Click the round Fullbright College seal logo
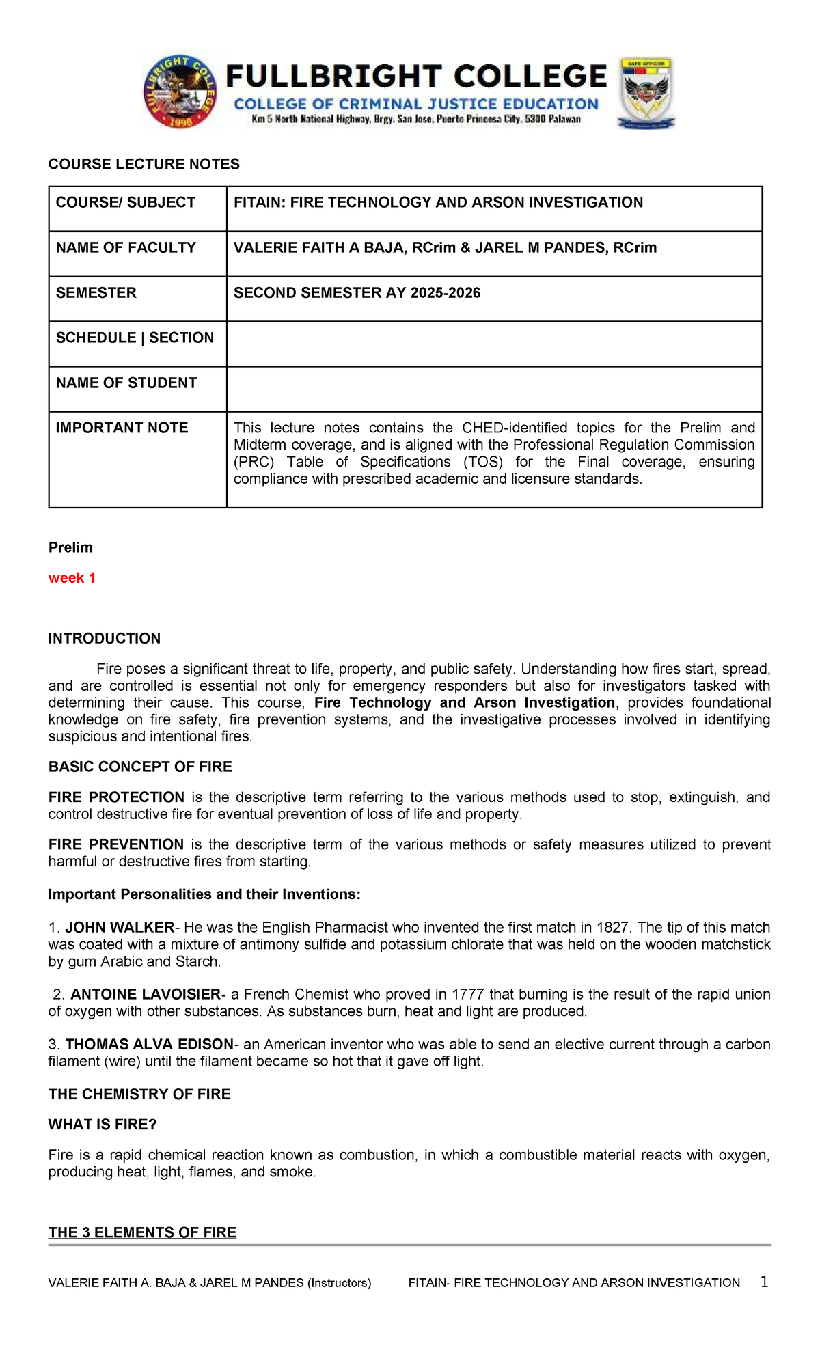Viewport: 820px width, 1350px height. pos(181,92)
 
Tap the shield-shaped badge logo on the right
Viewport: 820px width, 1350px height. pos(646,92)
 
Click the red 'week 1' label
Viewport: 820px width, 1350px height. pos(72,578)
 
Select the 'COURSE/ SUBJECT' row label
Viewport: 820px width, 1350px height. pos(126,202)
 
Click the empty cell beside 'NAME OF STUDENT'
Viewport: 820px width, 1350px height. pos(494,389)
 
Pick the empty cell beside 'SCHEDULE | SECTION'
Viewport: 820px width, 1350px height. pos(494,344)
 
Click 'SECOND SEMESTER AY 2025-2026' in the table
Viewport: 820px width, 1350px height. pos(357,293)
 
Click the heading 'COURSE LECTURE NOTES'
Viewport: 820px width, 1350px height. pos(144,164)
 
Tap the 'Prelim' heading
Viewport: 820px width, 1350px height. pos(70,547)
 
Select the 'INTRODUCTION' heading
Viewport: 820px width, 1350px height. pos(105,638)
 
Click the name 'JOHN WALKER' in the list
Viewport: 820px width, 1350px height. pos(120,927)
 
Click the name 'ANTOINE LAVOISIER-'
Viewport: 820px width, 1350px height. pos(148,994)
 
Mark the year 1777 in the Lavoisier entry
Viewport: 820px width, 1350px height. pos(468,994)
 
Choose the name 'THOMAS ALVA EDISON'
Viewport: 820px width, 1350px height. pos(150,1044)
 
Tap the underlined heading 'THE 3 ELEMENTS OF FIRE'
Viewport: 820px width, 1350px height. pos(142,1232)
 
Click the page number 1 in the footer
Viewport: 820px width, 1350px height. pos(764,1282)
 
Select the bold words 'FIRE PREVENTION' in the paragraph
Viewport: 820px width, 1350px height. pos(116,844)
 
